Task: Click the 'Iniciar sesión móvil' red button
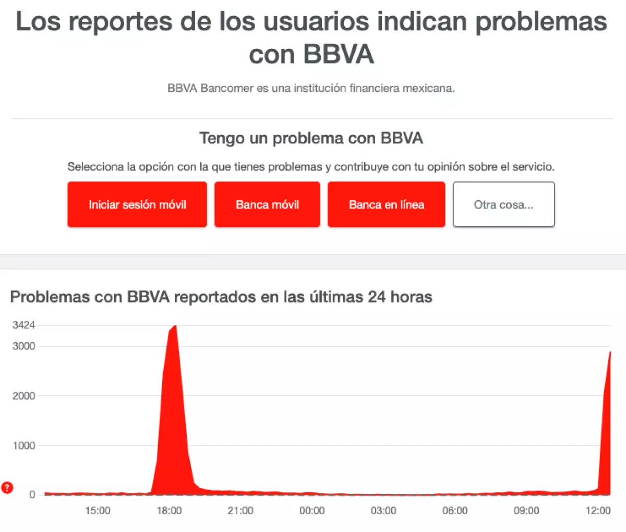click(137, 204)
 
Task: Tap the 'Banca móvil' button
click(267, 204)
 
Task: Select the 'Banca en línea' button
click(386, 204)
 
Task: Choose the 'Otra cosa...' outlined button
click(503, 204)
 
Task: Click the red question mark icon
click(7, 488)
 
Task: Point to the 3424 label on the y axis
click(24, 325)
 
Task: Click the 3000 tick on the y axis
click(24, 346)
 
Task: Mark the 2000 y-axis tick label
click(24, 396)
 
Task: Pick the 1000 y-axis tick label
click(24, 445)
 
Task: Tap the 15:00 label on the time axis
click(98, 511)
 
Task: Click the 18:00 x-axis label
click(169, 511)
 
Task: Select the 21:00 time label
click(240, 511)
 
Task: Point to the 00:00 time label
click(312, 511)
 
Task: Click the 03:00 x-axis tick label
click(383, 511)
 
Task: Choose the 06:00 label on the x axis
click(455, 511)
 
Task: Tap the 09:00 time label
click(526, 511)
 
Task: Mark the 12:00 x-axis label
click(598, 511)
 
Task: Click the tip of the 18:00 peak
click(175, 326)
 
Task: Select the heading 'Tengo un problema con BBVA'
click(311, 138)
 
